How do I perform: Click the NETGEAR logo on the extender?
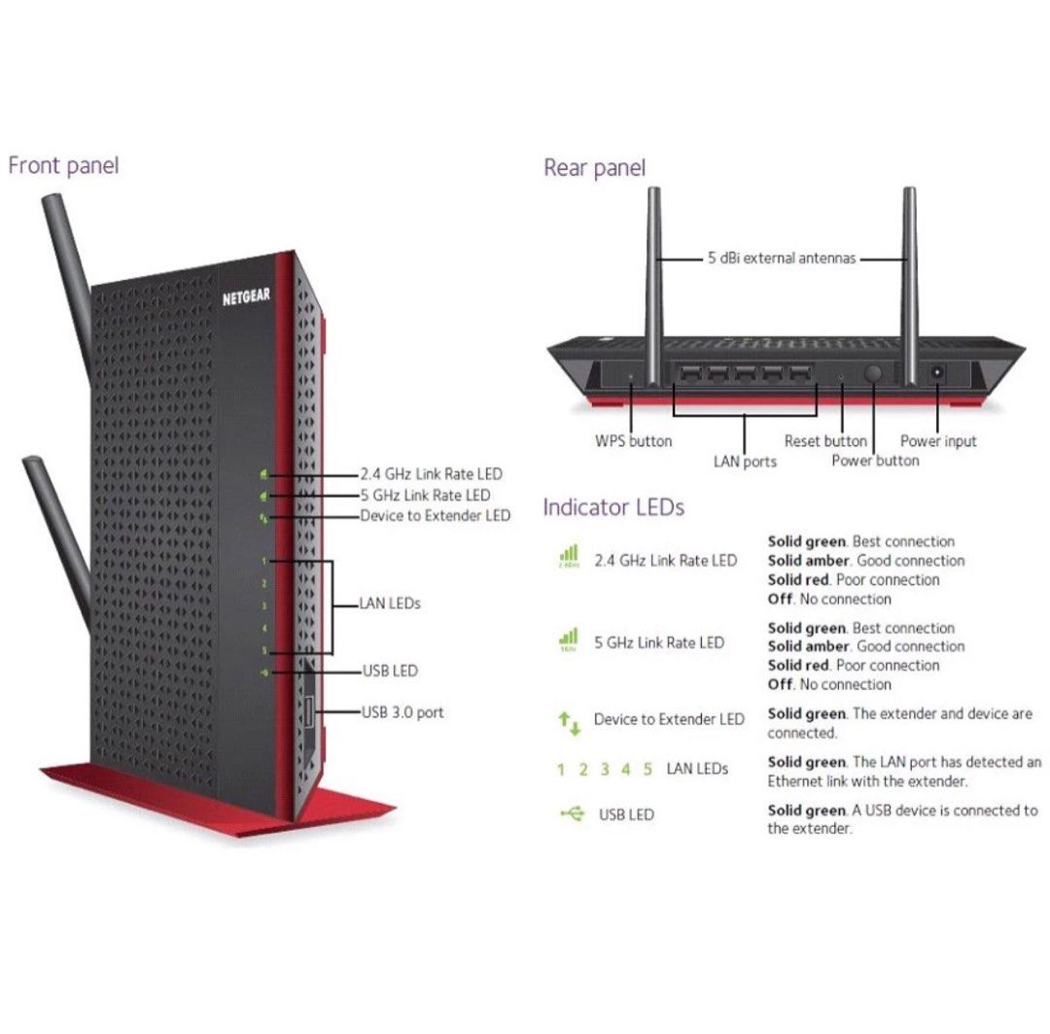(x=246, y=296)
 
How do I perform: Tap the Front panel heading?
(x=63, y=165)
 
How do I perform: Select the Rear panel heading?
(x=594, y=168)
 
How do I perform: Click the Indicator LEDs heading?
(x=613, y=507)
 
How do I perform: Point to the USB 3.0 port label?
(x=402, y=712)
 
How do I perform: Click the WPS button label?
(x=633, y=441)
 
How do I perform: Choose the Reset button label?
(x=825, y=441)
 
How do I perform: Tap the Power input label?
(x=938, y=441)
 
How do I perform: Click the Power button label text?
(x=875, y=461)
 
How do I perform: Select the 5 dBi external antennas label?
(x=782, y=258)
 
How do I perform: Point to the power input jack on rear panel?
(x=939, y=373)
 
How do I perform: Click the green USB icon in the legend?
(x=572, y=813)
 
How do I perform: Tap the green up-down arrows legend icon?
(x=569, y=721)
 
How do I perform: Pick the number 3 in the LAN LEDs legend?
(x=604, y=770)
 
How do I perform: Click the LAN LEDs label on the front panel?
(x=390, y=603)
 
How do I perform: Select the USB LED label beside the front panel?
(x=390, y=671)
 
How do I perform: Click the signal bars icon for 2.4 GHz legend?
(x=569, y=557)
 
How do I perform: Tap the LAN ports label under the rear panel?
(x=745, y=462)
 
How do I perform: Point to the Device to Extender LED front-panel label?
(x=435, y=515)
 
